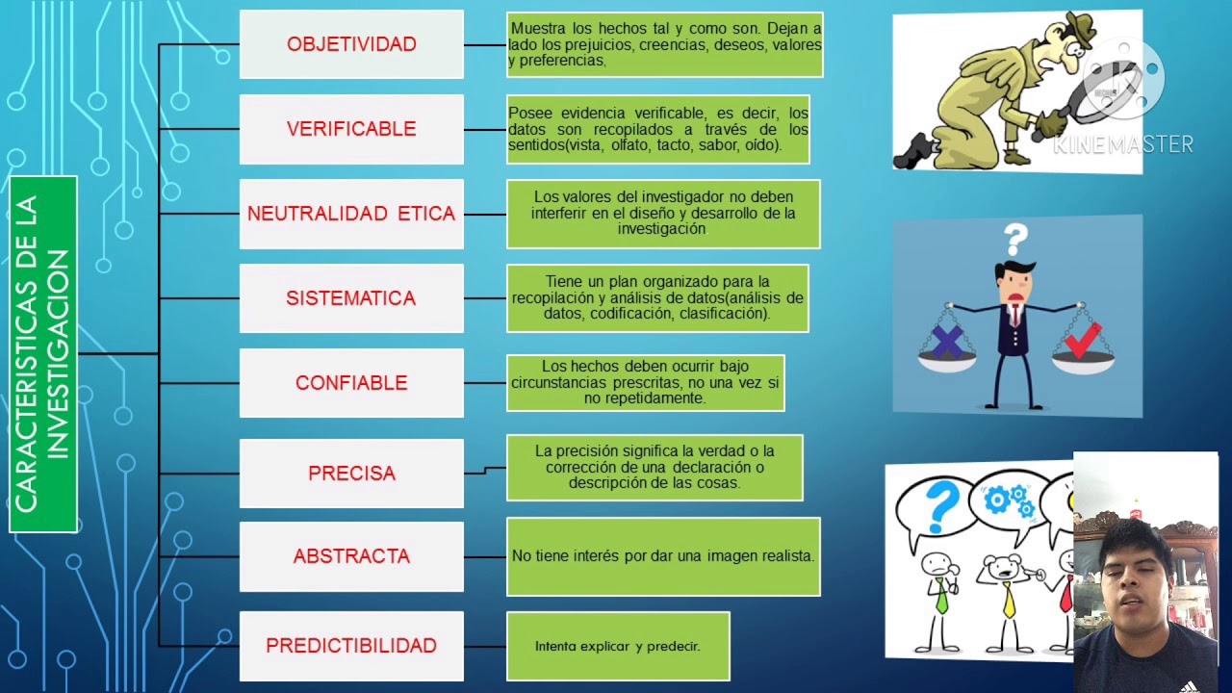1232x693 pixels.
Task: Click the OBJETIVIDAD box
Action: pyautogui.click(x=351, y=44)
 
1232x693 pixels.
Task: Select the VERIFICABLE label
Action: pyautogui.click(x=351, y=129)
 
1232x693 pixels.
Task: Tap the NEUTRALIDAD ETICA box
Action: pyautogui.click(x=351, y=214)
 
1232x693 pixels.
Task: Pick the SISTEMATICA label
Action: pyautogui.click(x=351, y=298)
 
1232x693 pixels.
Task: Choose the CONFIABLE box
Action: pyautogui.click(x=351, y=383)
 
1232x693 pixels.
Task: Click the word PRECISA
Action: pyautogui.click(x=351, y=473)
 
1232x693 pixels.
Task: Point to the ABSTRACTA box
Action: pyautogui.click(x=351, y=556)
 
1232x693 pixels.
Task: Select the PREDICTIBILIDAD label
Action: pyautogui.click(x=351, y=646)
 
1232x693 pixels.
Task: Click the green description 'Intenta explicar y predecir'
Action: pyautogui.click(x=618, y=646)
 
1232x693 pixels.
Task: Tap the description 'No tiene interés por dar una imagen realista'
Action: pyautogui.click(x=663, y=556)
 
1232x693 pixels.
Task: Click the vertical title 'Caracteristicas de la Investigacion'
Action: pyautogui.click(x=43, y=354)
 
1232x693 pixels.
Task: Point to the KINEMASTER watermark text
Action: pyautogui.click(x=1123, y=144)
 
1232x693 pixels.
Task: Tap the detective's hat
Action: pyautogui.click(x=1079, y=29)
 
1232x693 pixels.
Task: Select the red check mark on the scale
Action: pyautogui.click(x=1083, y=341)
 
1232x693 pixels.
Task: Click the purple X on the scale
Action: pyautogui.click(x=948, y=342)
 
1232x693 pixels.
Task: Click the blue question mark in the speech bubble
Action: pyautogui.click(x=941, y=507)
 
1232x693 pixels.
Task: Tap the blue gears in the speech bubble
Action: pyautogui.click(x=1010, y=500)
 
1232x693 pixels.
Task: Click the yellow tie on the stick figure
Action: pyautogui.click(x=1010, y=601)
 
